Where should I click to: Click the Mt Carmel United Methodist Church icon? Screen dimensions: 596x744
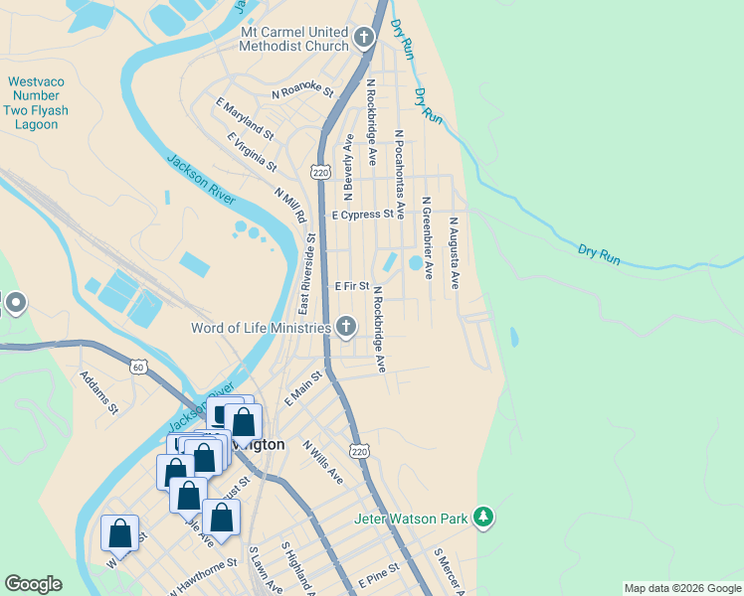tap(364, 39)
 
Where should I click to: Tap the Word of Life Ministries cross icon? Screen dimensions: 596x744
tap(345, 326)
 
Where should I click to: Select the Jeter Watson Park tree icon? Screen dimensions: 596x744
tap(482, 517)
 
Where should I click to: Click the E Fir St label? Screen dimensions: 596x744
tap(351, 286)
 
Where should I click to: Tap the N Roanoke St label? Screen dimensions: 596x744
tap(302, 91)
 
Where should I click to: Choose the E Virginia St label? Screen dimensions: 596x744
tap(252, 150)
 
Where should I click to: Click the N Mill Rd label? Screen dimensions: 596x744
tap(290, 205)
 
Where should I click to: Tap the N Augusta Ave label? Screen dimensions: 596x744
tap(454, 253)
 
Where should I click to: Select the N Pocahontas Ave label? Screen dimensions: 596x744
tap(399, 174)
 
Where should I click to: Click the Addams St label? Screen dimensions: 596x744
tap(99, 393)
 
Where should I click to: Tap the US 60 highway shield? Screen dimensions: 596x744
tap(137, 367)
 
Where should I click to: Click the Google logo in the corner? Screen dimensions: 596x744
tap(33, 584)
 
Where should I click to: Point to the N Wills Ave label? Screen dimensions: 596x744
tap(323, 463)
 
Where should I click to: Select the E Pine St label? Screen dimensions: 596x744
tap(379, 571)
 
